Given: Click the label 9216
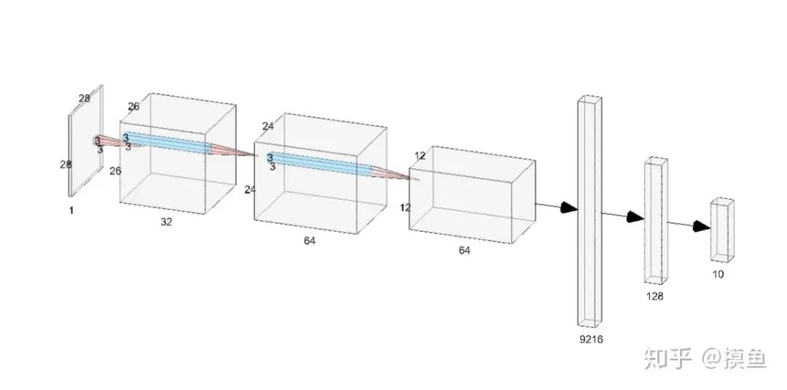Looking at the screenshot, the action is click(x=592, y=340).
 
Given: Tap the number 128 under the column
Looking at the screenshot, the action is click(x=654, y=297).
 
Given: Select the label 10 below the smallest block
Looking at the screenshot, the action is click(x=719, y=275).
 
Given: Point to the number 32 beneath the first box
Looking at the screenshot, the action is click(x=166, y=222).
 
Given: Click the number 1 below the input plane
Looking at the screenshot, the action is click(x=71, y=210).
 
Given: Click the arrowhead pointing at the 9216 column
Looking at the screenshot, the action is click(x=568, y=208).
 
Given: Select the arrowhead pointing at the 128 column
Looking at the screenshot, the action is click(x=635, y=217).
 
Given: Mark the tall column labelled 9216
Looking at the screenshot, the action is click(x=591, y=211).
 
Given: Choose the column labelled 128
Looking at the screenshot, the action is click(x=655, y=220).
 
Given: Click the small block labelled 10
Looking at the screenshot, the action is click(x=722, y=230).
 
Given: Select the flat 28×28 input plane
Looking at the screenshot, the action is click(x=86, y=142).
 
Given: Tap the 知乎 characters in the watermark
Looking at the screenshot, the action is click(x=665, y=358).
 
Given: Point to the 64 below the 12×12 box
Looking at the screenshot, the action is click(x=464, y=251).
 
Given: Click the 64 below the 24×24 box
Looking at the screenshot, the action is click(x=310, y=240).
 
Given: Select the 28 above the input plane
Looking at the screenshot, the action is click(x=85, y=98).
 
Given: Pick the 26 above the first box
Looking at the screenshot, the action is click(x=133, y=106).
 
